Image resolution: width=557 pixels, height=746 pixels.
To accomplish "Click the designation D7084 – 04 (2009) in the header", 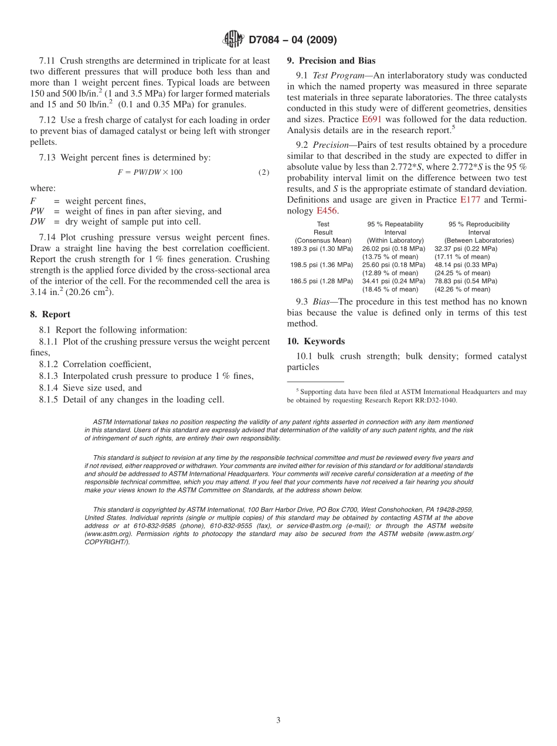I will coord(293,40).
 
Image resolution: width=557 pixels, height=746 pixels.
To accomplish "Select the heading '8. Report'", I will coord(50,314).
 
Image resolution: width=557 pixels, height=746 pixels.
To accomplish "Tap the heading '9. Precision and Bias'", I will coord(331,60).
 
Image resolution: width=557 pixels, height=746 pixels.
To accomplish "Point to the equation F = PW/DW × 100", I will coord(150,172).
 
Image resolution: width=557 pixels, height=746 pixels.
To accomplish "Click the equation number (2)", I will coord(264,172).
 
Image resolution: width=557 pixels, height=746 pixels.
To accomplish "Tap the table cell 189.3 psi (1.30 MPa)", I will coord(322,249).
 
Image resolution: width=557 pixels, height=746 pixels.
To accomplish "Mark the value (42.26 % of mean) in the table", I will coord(462,289).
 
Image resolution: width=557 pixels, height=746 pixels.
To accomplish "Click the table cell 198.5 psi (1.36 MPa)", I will coord(322,265).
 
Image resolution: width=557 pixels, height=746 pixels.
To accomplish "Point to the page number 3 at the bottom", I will coord(278,721).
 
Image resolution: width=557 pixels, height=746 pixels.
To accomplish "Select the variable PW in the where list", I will coord(37,211).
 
